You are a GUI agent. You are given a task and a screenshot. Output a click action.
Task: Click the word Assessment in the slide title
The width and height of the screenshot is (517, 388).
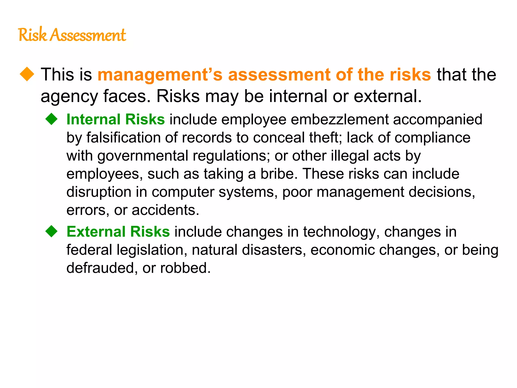coord(88,35)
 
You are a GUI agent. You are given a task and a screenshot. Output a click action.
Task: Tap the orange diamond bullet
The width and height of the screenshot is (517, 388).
coord(27,74)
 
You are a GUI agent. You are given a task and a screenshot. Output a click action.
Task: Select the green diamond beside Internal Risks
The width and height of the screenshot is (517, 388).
coord(51,119)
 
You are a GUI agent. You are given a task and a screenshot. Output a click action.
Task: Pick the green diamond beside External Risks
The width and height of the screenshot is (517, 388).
coord(51,231)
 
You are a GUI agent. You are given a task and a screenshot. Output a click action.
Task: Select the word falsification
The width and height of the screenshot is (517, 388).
coord(123,138)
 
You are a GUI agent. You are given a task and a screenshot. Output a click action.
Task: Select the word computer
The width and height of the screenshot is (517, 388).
coord(183,192)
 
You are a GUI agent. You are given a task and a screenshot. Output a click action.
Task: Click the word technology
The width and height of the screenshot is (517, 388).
coord(340,232)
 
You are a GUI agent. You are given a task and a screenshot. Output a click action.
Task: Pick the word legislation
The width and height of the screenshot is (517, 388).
coord(150,250)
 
